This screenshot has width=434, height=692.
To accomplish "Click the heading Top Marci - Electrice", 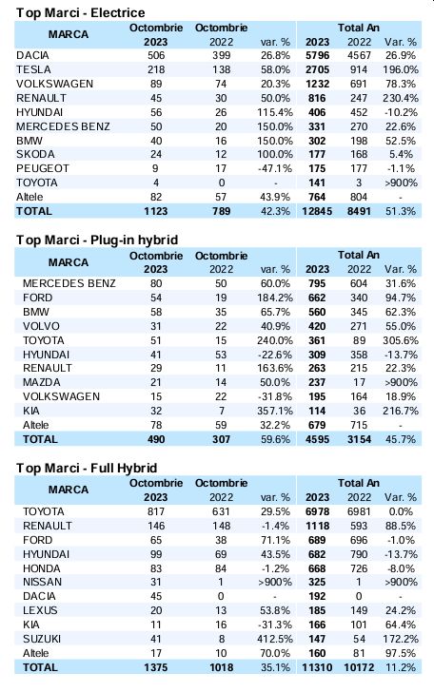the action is coord(81,12).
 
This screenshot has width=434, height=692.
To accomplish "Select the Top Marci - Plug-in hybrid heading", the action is coord(97,240).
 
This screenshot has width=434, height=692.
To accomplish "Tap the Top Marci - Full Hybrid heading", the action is coord(87,468).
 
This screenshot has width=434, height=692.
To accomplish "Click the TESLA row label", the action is coord(33,69).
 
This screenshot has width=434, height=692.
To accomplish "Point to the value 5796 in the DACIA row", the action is coord(317,55).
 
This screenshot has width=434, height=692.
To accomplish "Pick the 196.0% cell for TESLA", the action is coord(401,69).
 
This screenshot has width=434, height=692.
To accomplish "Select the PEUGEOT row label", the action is coord(43,168).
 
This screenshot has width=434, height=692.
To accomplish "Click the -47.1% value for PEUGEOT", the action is coord(275,168).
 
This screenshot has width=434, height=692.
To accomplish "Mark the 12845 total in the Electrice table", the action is coord(317,211).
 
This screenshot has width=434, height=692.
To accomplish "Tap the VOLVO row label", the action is coord(41,326).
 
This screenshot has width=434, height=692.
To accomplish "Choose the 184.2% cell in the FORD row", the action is coord(275,298).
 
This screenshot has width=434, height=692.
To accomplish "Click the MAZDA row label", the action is coord(42,382).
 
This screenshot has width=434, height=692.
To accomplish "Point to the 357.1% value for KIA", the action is coord(275,411).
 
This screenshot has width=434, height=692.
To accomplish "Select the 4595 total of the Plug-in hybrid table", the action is coord(317,439).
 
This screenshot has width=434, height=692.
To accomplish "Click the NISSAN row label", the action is coord(43,582).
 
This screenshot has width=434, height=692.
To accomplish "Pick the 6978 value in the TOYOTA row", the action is coord(317,511).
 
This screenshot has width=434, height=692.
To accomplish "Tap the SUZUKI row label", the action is coord(42,639).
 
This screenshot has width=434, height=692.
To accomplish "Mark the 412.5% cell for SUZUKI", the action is coord(275,639).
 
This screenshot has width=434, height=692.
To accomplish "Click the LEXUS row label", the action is coord(40,610).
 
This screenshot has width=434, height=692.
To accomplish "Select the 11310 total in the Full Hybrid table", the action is coord(317,667).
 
